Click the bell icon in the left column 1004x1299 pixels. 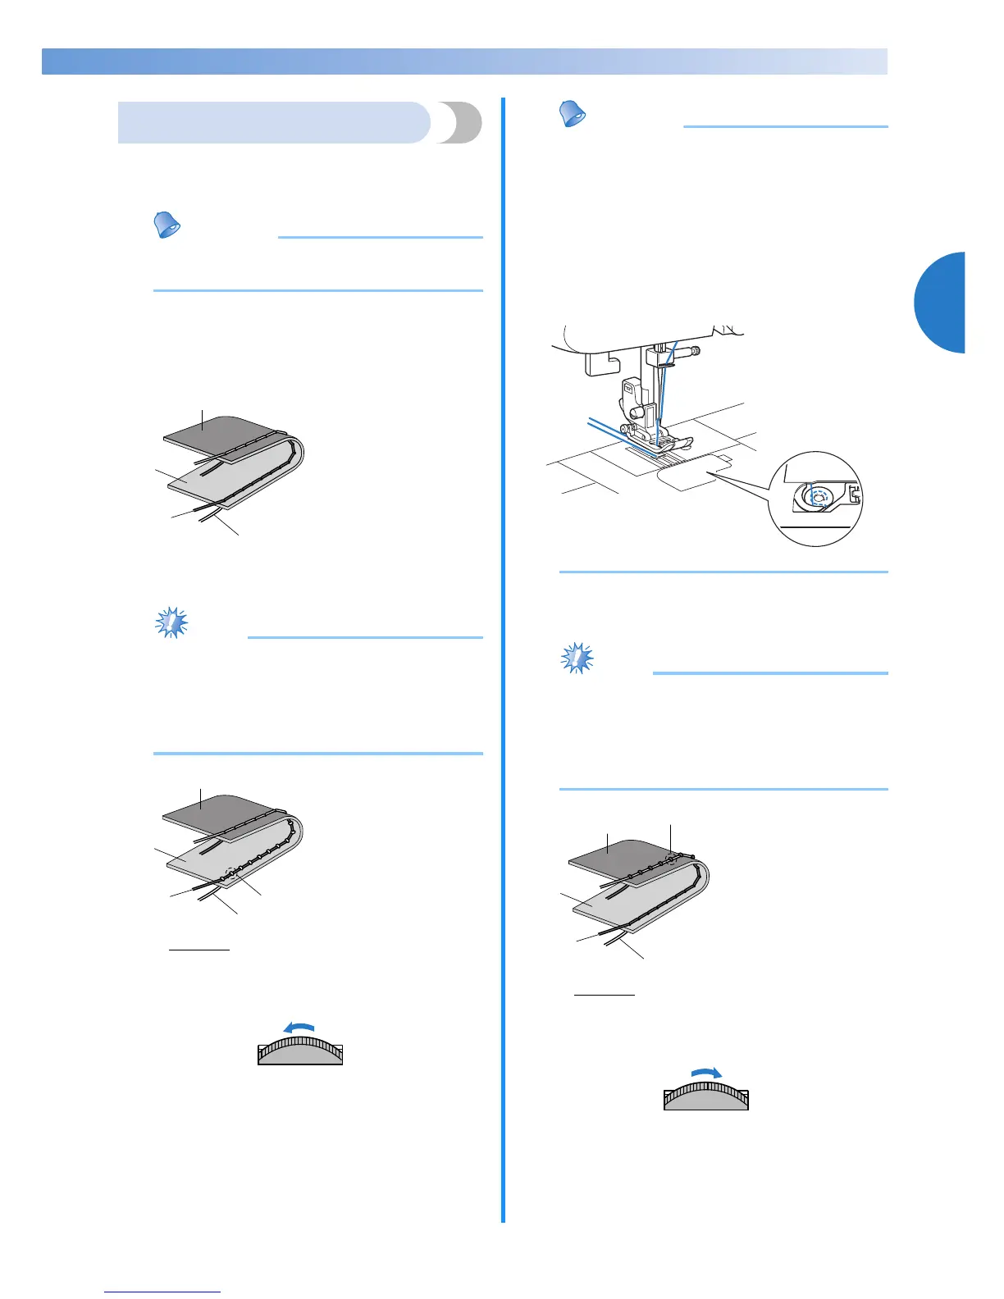point(168,224)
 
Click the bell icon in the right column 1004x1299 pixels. point(573,114)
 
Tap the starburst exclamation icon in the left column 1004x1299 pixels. point(172,624)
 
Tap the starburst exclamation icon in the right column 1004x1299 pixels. point(577,659)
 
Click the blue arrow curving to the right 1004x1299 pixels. point(706,1073)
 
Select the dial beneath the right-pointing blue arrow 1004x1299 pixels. point(706,1096)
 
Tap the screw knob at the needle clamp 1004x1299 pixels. point(694,353)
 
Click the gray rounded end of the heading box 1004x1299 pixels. point(459,123)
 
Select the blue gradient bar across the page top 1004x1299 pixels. point(464,62)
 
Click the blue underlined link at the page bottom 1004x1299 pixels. point(163,1292)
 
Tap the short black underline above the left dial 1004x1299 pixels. point(199,950)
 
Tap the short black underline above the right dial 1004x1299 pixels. point(605,995)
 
